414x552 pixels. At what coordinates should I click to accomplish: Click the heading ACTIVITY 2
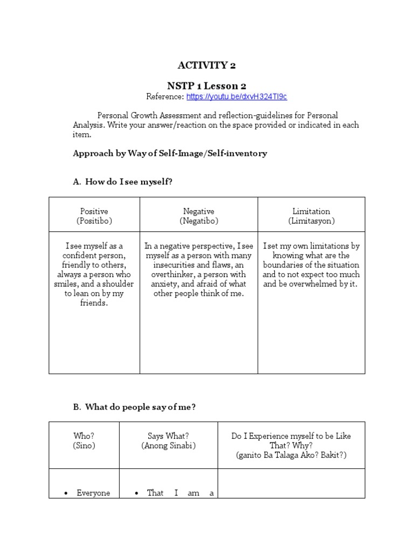pos(207,66)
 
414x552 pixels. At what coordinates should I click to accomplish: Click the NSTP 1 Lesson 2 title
pos(207,86)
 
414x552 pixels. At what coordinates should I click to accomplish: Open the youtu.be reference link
pos(237,96)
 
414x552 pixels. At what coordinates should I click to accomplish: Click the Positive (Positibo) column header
pos(94,216)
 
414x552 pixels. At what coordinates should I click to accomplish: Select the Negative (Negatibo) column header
pos(198,216)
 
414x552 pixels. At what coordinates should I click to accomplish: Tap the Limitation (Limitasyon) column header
pos(311,216)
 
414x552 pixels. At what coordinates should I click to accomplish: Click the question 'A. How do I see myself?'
pos(122,182)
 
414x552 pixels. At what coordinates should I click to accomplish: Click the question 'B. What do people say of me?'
pos(134,407)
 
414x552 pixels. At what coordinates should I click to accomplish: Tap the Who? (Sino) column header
pos(84,441)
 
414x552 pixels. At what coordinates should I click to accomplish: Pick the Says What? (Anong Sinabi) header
pos(168,441)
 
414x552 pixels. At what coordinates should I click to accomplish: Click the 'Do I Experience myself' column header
pos(291,445)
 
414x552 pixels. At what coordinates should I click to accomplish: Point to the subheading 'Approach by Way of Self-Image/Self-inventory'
pos(170,153)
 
